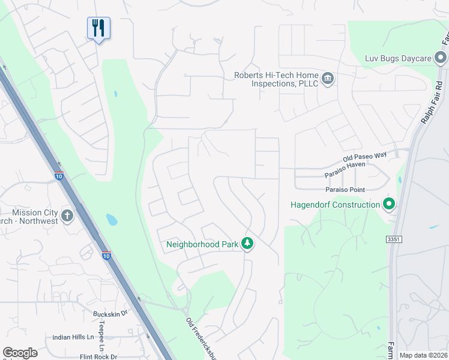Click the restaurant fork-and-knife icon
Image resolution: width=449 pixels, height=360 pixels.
[x=98, y=28]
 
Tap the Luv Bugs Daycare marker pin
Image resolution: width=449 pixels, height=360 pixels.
[x=441, y=58]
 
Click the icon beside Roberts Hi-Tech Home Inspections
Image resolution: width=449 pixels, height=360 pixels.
[x=328, y=79]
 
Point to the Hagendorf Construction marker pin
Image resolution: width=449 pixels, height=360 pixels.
[x=389, y=205]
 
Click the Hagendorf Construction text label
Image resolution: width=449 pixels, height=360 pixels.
[x=335, y=205]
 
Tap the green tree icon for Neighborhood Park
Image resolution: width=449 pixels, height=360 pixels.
[x=247, y=244]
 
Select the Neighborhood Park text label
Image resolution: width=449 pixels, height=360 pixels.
[x=201, y=244]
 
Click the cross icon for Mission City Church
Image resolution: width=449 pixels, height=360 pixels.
[x=67, y=216]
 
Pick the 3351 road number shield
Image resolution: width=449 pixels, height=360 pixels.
[x=393, y=239]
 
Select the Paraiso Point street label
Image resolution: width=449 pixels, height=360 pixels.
[x=345, y=190]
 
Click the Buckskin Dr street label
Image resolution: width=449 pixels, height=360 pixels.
[x=110, y=313]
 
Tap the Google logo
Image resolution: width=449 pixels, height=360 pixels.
[x=20, y=353]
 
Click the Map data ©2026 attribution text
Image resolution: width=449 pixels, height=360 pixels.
[x=423, y=355]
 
